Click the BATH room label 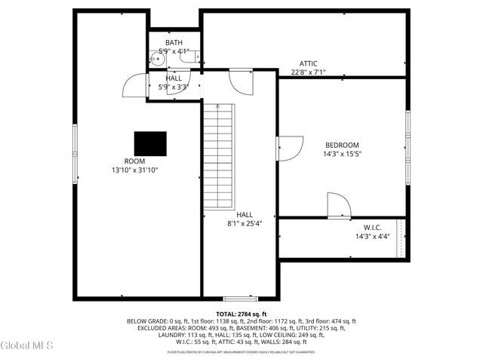click(x=174, y=42)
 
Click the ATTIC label click(x=308, y=64)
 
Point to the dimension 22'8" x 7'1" click(x=308, y=73)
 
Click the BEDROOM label click(x=342, y=145)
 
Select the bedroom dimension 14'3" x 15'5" click(x=342, y=154)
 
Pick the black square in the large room click(x=150, y=143)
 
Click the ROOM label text click(x=134, y=161)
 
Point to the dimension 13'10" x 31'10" click(x=134, y=170)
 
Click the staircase click(x=219, y=157)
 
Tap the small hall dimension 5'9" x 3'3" click(x=174, y=87)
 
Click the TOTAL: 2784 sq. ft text click(x=241, y=313)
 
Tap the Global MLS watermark click(x=27, y=346)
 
